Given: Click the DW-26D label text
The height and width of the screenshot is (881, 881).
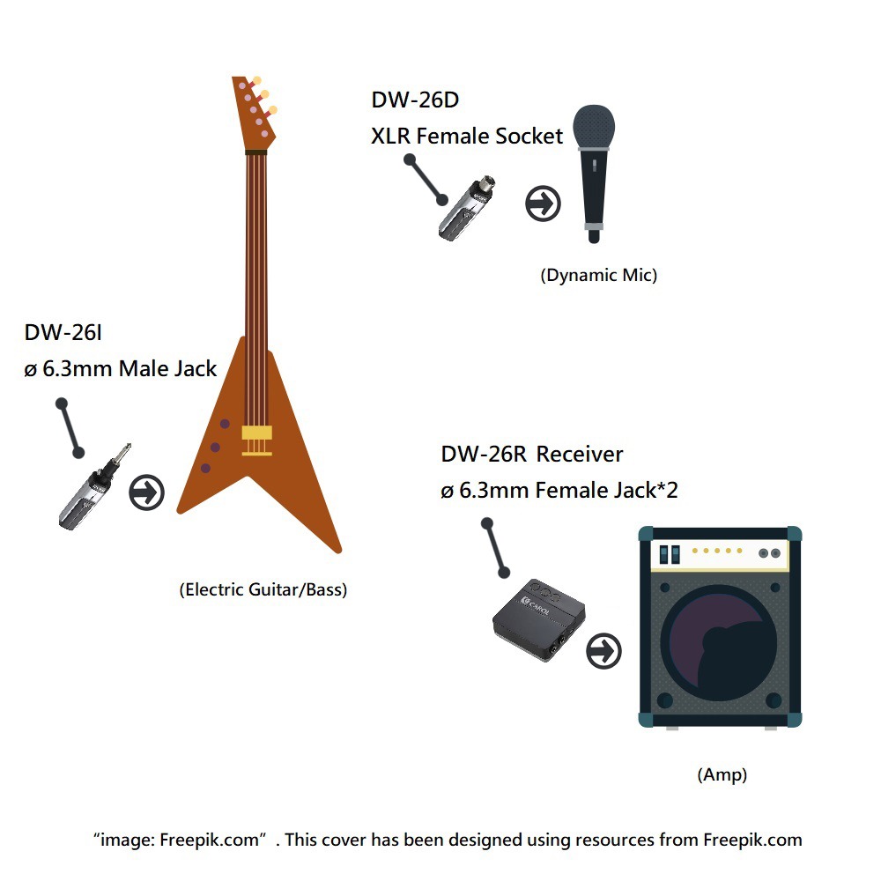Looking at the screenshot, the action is tap(415, 100).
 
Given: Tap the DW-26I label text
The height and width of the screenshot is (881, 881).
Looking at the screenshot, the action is tap(63, 333).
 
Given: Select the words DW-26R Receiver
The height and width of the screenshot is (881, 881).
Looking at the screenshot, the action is tap(531, 454).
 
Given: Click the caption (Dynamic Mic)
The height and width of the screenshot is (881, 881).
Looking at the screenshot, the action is tap(598, 275).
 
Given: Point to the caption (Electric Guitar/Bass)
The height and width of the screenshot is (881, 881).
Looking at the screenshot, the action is tap(263, 589).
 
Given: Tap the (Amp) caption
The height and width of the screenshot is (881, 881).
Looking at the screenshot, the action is tap(722, 774).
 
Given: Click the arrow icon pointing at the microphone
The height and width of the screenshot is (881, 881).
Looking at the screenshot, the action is tap(543, 204).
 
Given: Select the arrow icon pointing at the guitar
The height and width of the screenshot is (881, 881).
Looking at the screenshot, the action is tap(146, 492).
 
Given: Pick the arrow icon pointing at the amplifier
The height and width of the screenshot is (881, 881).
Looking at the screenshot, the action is tap(604, 651).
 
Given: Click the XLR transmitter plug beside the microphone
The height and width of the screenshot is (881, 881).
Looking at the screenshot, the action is tap(467, 208).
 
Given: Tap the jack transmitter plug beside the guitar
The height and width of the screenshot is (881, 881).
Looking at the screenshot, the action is tap(94, 487).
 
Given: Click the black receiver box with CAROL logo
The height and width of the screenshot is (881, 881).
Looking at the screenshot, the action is tap(539, 619).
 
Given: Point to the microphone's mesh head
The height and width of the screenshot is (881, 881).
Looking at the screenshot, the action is tap(594, 126).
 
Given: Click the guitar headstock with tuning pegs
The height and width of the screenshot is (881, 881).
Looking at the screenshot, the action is tap(255, 114).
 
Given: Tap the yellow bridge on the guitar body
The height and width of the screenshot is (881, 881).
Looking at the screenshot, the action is tap(256, 440).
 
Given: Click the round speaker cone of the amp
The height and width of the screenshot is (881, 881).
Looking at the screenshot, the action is tap(719, 643).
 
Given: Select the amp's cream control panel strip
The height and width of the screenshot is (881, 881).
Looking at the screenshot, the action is tap(720, 554).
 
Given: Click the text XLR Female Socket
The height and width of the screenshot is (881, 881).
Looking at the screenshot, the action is tap(466, 136).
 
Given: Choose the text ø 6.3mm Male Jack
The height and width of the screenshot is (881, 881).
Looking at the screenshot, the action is tap(120, 368).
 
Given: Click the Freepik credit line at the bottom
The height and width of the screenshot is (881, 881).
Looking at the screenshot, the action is tap(448, 840).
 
